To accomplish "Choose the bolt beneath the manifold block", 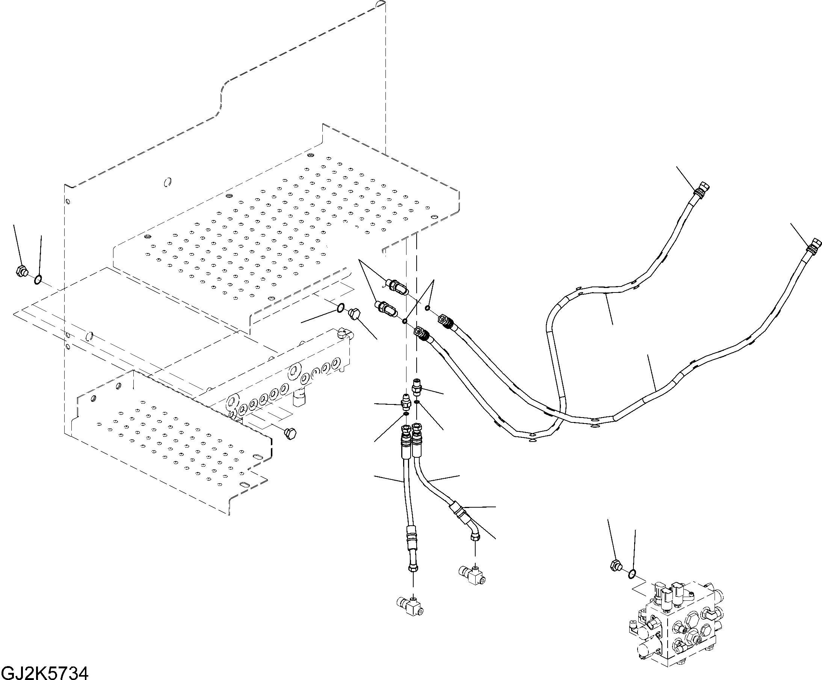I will click(290, 434).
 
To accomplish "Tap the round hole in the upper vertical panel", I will click(168, 182).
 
